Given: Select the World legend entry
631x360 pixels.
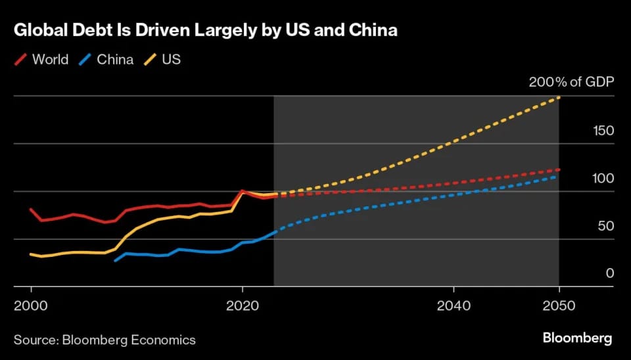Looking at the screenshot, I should click(x=50, y=60).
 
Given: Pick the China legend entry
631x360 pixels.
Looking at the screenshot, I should click(x=115, y=60).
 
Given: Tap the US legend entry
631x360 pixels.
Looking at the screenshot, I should click(x=172, y=60).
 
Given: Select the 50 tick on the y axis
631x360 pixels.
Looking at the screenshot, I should click(x=605, y=226).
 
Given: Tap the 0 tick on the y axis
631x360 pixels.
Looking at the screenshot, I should click(x=609, y=273).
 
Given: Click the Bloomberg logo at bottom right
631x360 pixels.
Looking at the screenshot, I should click(x=577, y=338).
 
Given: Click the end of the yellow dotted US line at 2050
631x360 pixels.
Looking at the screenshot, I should click(x=559, y=97).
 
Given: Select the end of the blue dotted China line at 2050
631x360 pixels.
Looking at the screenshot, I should click(x=559, y=176).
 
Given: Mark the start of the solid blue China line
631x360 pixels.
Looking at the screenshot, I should click(x=115, y=261).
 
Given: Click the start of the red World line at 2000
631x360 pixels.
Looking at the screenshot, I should click(x=31, y=209).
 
